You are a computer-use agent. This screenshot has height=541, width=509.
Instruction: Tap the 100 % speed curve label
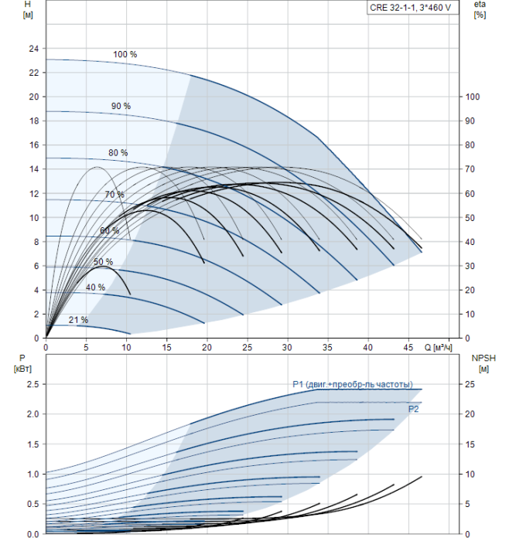[125, 54]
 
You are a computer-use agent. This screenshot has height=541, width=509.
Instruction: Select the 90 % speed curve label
[121, 106]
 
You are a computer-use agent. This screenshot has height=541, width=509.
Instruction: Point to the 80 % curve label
[118, 152]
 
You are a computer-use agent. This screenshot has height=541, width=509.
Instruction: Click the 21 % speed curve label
[78, 320]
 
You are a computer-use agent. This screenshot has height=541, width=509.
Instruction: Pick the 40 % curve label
[95, 287]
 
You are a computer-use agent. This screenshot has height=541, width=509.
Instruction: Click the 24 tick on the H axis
[34, 49]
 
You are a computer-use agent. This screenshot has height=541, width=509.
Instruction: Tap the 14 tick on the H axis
[34, 169]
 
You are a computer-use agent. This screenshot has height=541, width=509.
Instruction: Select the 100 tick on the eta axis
[473, 97]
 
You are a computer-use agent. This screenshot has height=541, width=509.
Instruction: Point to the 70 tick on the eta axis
[470, 169]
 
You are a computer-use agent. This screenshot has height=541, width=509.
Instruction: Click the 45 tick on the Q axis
[408, 347]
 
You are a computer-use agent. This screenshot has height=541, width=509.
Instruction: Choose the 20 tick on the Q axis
[207, 347]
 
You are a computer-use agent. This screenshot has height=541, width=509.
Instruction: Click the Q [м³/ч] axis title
[438, 347]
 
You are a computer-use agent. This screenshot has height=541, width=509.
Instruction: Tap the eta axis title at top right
[480, 9]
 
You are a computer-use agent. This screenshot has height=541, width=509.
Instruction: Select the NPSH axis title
[483, 363]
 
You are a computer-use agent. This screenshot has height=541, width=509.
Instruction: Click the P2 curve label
[413, 409]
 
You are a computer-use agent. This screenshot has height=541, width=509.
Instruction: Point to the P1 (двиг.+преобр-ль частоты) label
[353, 384]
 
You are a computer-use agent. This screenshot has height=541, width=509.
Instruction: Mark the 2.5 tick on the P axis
[32, 384]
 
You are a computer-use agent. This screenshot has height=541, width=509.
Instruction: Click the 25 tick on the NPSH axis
[470, 384]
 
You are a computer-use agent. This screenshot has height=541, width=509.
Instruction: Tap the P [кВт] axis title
[22, 363]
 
